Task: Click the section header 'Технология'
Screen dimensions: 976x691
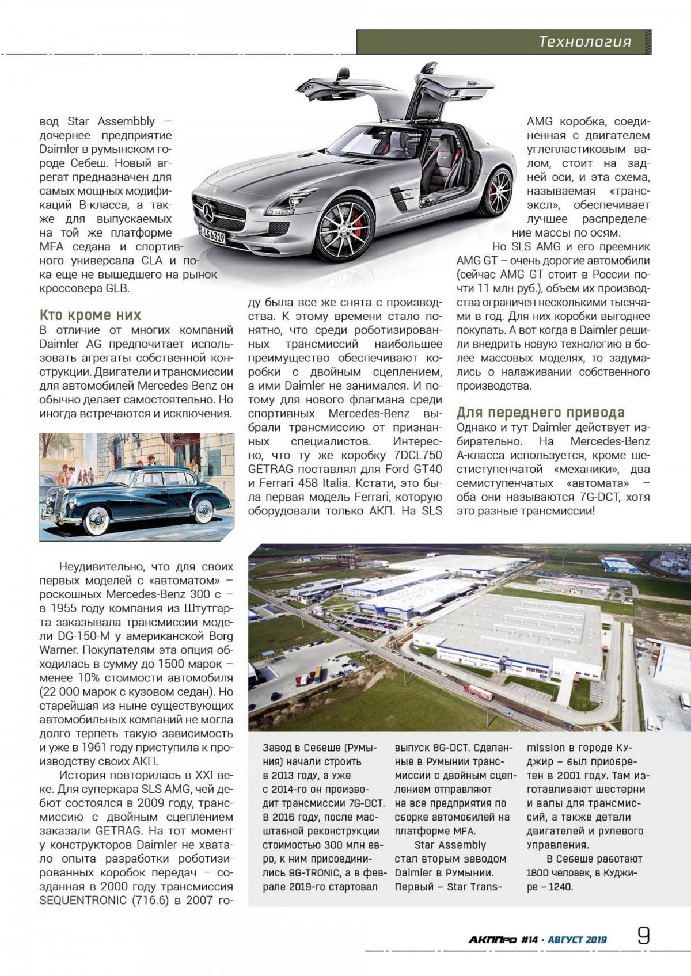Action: [x=584, y=42]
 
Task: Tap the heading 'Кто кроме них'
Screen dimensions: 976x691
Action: [x=90, y=315]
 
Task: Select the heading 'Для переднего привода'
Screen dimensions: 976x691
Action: [x=540, y=412]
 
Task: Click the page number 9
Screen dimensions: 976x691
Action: [x=643, y=935]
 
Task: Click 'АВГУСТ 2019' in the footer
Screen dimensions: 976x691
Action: [x=577, y=940]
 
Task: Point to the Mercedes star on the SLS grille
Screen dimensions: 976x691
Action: [x=208, y=213]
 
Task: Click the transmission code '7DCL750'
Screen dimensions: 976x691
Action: [x=415, y=455]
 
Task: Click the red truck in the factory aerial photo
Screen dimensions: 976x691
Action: [x=478, y=692]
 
